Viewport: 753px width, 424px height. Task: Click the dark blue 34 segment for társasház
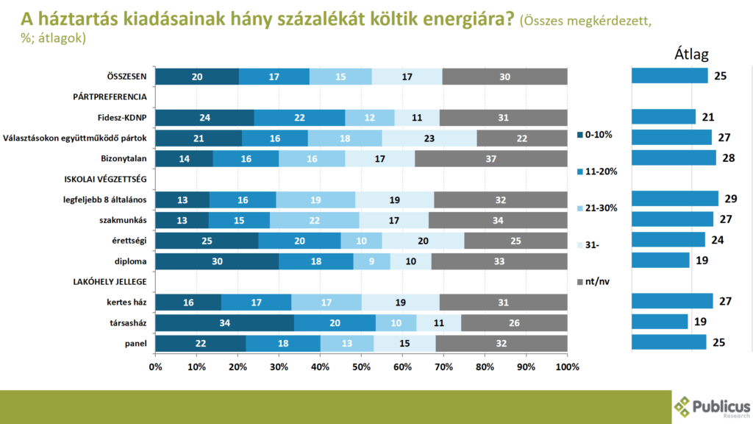pyautogui.click(x=224, y=322)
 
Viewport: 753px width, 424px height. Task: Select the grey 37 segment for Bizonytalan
pyautogui.click(x=490, y=158)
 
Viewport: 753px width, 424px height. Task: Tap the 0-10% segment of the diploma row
pyautogui.click(x=217, y=261)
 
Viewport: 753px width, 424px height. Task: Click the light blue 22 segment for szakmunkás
pyautogui.click(x=314, y=219)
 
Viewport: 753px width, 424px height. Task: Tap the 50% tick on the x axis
pyautogui.click(x=361, y=366)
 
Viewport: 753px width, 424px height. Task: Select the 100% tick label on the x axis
pyautogui.click(x=567, y=366)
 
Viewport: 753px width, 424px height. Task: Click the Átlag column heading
pyautogui.click(x=691, y=54)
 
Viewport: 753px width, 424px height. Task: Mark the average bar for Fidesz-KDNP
pyautogui.click(x=663, y=116)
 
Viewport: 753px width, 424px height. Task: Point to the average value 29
pyautogui.click(x=730, y=199)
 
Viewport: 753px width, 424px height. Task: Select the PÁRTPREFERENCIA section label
pyautogui.click(x=110, y=96)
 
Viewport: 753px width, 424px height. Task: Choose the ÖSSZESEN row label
pyautogui.click(x=126, y=76)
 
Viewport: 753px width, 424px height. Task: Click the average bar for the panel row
pyautogui.click(x=668, y=342)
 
